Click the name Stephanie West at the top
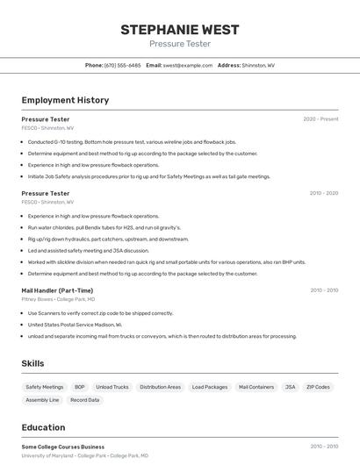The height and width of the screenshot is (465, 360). [x=179, y=30]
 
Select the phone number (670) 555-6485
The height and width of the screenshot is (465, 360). [x=122, y=65]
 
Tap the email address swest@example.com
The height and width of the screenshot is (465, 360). [x=188, y=65]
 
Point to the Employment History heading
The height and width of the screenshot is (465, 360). [x=65, y=100]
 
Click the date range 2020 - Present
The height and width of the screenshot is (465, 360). [x=320, y=119]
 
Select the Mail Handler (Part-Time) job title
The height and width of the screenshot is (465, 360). [x=57, y=290]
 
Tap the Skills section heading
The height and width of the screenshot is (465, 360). [x=32, y=363]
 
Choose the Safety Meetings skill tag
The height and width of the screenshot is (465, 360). [x=45, y=387]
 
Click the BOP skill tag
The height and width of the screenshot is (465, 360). [x=80, y=387]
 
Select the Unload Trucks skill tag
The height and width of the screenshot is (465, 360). [x=112, y=387]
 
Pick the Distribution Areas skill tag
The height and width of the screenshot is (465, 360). [x=160, y=387]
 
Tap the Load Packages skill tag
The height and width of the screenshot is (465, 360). [x=210, y=387]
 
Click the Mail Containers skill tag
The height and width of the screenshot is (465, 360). [x=256, y=387]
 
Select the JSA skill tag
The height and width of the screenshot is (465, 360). [x=291, y=387]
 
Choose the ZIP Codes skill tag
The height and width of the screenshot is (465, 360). [x=318, y=387]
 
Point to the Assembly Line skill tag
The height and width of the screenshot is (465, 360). [x=42, y=400]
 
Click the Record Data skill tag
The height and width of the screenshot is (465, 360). [x=85, y=400]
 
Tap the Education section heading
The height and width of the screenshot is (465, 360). [x=43, y=427]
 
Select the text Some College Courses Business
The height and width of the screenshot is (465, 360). [x=62, y=447]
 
